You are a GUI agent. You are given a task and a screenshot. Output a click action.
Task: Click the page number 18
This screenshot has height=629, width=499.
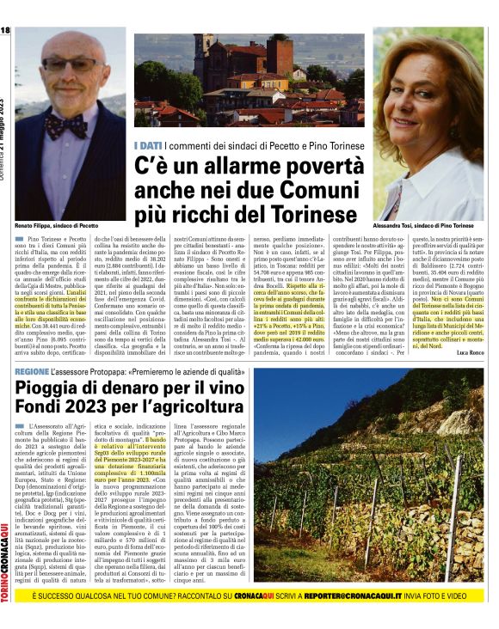coord(6,31)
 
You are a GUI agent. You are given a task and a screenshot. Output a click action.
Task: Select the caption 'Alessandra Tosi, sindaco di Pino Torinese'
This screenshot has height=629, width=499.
coord(435,224)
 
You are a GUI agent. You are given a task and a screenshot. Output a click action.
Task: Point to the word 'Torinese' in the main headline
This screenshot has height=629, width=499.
coord(311,212)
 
